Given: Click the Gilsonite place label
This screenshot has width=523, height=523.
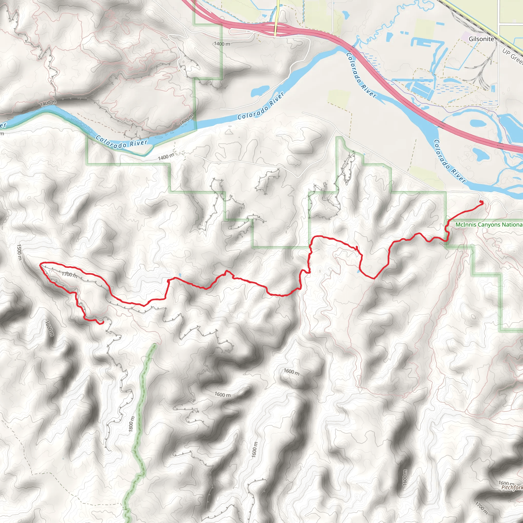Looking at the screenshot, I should pyautogui.click(x=481, y=39).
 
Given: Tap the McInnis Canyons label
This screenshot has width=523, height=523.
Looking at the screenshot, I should pyautogui.click(x=489, y=224).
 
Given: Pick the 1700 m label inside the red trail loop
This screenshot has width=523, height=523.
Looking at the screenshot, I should pyautogui.click(x=69, y=275).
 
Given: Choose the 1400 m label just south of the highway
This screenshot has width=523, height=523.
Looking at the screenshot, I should pyautogui.click(x=222, y=44).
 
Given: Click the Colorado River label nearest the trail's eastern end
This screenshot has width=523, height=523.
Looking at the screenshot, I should pyautogui.click(x=449, y=161).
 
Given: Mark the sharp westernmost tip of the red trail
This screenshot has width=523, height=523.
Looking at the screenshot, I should pyautogui.click(x=40, y=265).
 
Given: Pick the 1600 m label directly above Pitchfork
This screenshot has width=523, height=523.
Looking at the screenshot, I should pyautogui.click(x=506, y=483).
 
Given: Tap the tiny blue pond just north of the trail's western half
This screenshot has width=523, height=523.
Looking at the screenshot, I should pyautogui.click(x=180, y=275).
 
